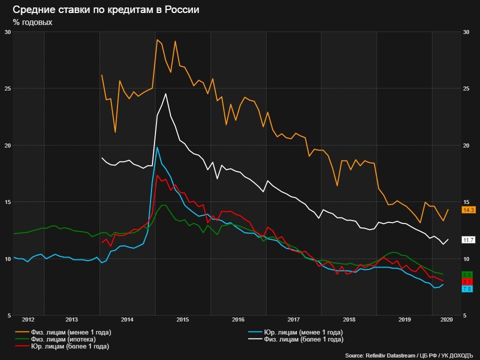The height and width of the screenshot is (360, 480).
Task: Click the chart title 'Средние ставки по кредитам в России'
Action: pos(106,10)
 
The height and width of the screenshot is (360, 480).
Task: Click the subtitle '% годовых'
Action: pos(32,22)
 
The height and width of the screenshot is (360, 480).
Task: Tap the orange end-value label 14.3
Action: pos(468,210)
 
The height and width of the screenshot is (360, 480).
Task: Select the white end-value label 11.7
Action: pos(468,240)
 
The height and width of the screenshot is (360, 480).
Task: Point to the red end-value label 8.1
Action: pos(468,282)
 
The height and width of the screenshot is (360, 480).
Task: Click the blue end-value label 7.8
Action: pos(468,289)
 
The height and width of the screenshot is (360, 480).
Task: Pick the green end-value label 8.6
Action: pos(468,275)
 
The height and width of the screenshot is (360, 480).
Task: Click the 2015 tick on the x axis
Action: pos(182,319)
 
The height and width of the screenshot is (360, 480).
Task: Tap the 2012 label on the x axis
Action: pos(28,319)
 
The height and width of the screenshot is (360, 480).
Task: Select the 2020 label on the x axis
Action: pos(446,319)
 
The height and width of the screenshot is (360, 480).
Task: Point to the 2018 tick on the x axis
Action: pos(349,319)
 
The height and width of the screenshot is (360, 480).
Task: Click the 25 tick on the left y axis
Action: pos(7,88)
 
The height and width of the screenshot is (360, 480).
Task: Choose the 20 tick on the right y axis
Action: pos(466,145)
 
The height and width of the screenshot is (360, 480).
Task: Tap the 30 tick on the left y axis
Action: pos(7,32)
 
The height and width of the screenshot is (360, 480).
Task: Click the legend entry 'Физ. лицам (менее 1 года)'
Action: pos(70,332)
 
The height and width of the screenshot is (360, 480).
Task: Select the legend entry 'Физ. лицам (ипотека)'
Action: pos(63,339)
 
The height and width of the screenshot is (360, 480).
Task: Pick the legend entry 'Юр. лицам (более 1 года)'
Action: pos(69,346)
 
